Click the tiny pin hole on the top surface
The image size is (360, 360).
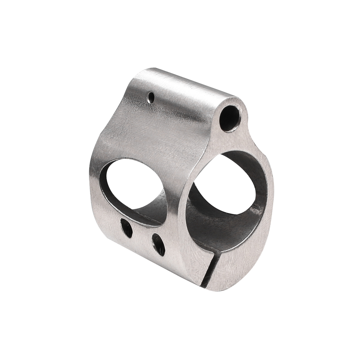pos(152,96)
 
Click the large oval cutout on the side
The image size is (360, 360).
pos(133,184)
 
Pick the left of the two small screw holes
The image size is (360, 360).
pos(126,228)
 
